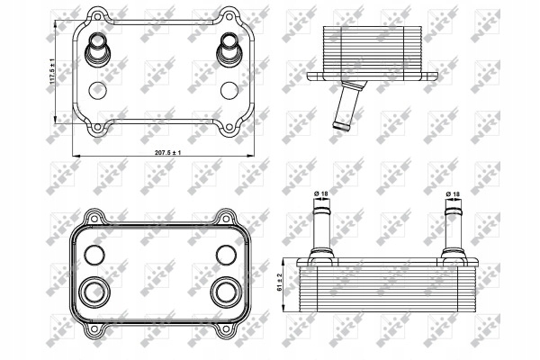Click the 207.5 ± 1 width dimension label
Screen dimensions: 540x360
167,153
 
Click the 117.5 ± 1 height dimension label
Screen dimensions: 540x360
52,72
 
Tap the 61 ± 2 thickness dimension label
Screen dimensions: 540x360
280,282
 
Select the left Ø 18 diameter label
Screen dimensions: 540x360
321,193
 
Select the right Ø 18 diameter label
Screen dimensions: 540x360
453,194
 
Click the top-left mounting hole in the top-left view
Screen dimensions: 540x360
98,15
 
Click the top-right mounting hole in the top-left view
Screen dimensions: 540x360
229,15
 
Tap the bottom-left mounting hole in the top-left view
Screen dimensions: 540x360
98,128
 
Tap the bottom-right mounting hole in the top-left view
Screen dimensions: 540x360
229,128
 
